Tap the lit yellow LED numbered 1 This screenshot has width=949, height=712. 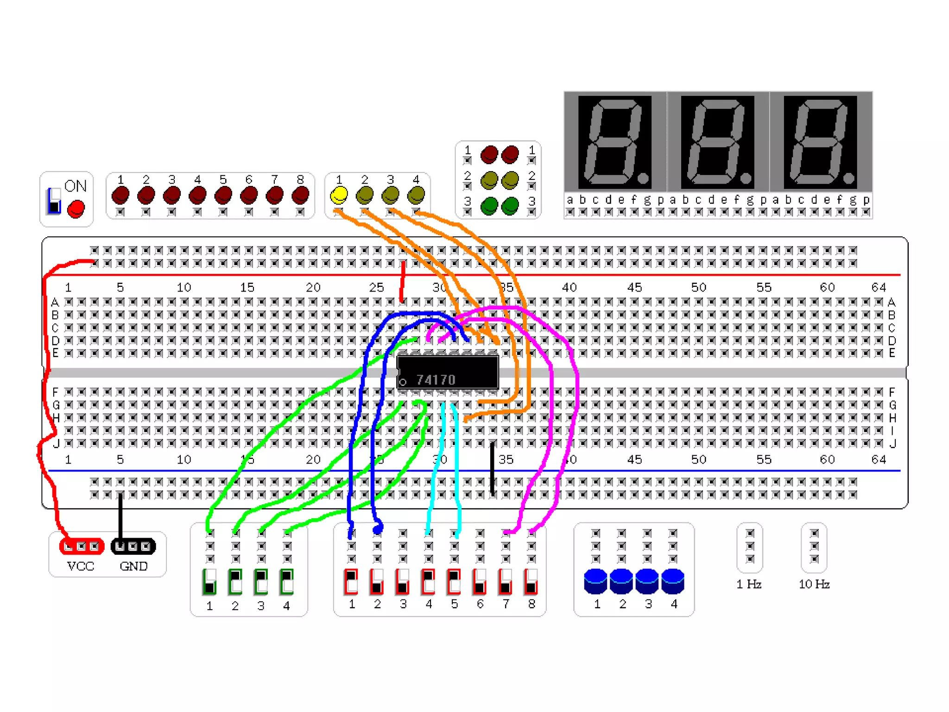tap(339, 195)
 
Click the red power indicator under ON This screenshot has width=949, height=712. tap(76, 209)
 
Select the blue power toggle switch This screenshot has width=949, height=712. tap(54, 201)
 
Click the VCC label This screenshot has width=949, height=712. tap(81, 566)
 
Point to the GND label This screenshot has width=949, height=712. tap(133, 566)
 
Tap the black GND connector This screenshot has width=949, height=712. tap(133, 547)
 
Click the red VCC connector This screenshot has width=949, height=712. tap(82, 547)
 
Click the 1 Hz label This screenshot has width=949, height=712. tap(749, 584)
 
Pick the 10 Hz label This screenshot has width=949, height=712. tap(814, 584)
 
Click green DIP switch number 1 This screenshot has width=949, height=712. tap(209, 582)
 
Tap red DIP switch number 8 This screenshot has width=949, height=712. tap(531, 582)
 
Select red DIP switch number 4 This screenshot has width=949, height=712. tap(428, 582)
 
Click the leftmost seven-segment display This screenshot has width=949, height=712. tap(615, 142)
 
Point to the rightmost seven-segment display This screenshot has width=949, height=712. tap(820, 142)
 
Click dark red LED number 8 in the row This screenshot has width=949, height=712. tap(300, 195)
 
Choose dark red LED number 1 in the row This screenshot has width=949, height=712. tap(120, 195)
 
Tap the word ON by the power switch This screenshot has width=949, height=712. tap(76, 186)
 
